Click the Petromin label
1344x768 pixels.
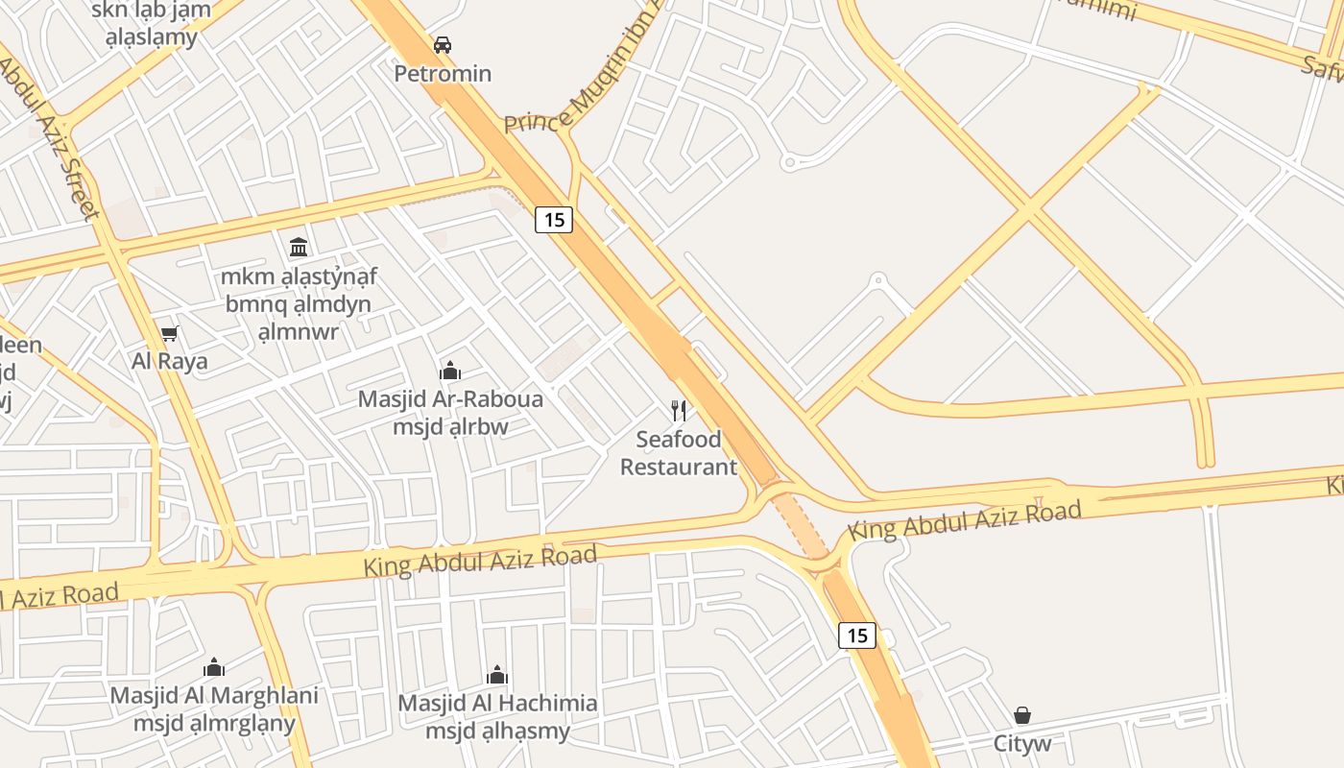(444, 73)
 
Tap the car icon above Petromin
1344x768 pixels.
(443, 44)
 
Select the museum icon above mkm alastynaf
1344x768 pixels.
(299, 248)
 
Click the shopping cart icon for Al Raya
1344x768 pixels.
(170, 333)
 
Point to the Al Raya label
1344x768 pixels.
(170, 362)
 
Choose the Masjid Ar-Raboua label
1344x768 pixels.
(450, 398)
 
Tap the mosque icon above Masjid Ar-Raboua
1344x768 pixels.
(450, 371)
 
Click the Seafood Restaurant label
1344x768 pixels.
(679, 453)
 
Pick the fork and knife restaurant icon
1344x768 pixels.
(679, 411)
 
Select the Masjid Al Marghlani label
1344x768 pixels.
(214, 695)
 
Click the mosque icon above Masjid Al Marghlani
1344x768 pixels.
(214, 666)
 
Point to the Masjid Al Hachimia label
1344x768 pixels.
(497, 703)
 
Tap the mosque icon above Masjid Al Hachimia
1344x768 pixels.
(497, 674)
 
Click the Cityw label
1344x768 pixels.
(1022, 743)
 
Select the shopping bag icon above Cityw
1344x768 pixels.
(1022, 715)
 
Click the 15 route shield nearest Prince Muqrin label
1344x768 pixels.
(554, 220)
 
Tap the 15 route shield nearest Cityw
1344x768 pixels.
(857, 635)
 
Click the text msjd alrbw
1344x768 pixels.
(450, 425)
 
